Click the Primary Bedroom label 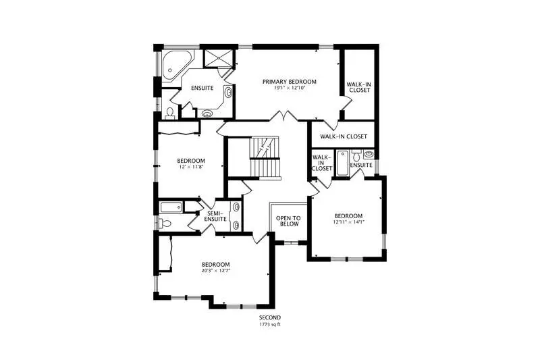[290, 82]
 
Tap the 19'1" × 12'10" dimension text [290, 88]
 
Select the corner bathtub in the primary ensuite [176, 66]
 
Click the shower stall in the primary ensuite [218, 58]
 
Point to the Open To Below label [288, 221]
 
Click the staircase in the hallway [265, 158]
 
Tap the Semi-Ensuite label [215, 216]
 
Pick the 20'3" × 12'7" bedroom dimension [216, 270]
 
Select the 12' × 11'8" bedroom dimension [191, 167]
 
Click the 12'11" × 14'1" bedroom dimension [348, 222]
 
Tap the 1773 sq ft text [269, 324]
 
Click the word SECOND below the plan [269, 317]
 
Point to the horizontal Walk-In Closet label [344, 136]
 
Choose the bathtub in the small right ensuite [342, 163]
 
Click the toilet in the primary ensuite [170, 113]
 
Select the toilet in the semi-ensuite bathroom [165, 224]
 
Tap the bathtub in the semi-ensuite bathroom [171, 207]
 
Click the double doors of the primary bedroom [283, 116]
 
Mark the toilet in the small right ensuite [356, 156]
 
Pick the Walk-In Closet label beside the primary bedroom [360, 87]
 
